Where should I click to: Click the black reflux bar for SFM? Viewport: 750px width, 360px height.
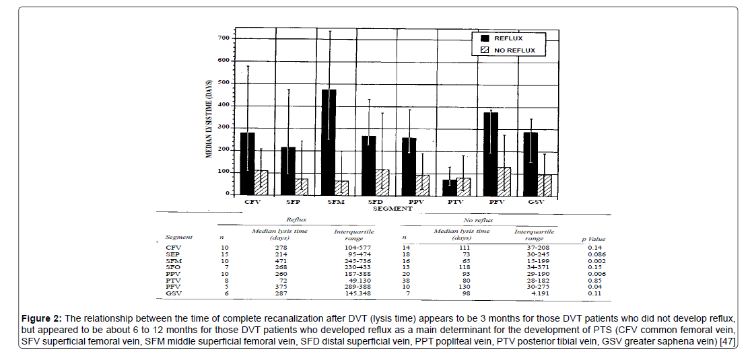[x=328, y=141]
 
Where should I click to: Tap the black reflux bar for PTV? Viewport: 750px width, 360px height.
[x=449, y=186]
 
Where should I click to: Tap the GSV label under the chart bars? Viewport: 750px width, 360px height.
[x=537, y=201]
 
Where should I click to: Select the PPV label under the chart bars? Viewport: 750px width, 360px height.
[x=415, y=201]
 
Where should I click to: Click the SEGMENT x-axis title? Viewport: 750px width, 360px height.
[x=394, y=209]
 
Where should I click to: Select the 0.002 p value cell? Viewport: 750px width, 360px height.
[x=594, y=260]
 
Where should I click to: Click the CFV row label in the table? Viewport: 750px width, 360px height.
[x=173, y=248]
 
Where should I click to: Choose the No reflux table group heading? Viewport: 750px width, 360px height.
[x=478, y=220]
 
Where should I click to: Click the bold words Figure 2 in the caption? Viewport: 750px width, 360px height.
[x=42, y=318]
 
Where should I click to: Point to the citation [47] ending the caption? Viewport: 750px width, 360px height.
[x=727, y=343]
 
